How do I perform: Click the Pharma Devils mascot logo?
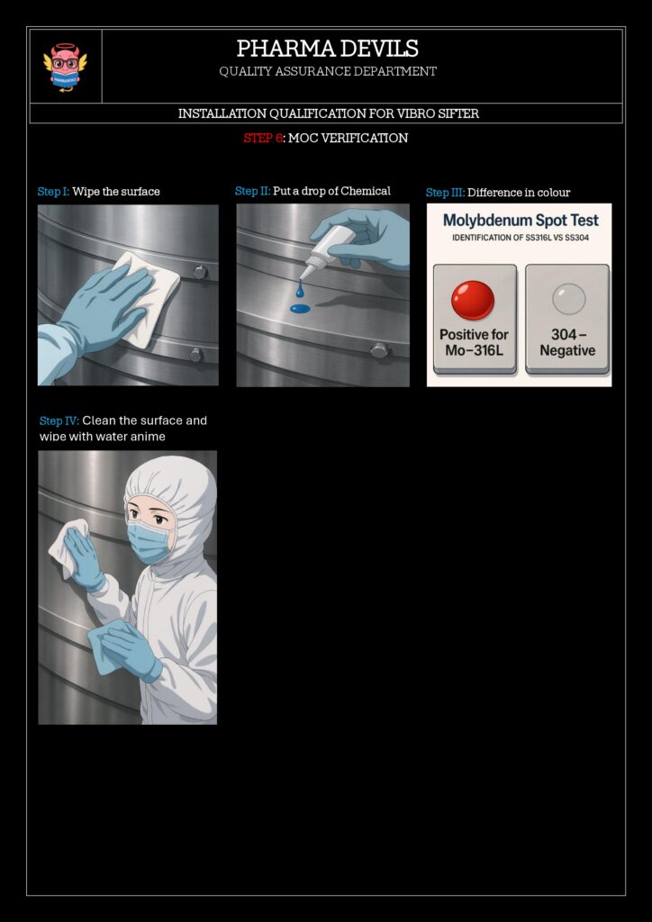pyautogui.click(x=65, y=67)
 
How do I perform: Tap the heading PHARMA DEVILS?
pyautogui.click(x=328, y=49)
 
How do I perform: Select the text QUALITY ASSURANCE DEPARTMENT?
pyautogui.click(x=328, y=72)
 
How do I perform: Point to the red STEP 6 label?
pyautogui.click(x=262, y=138)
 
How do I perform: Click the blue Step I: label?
pyautogui.click(x=53, y=192)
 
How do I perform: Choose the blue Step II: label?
pyautogui.click(x=253, y=191)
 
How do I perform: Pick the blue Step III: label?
pyautogui.click(x=445, y=193)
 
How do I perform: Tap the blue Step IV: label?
pyautogui.click(x=59, y=421)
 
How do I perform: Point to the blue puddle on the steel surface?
pyautogui.click(x=300, y=308)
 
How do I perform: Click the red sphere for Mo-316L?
pyautogui.click(x=473, y=301)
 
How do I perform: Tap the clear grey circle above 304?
pyautogui.click(x=568, y=299)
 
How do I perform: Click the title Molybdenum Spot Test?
pyautogui.click(x=521, y=221)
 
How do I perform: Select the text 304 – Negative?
pyautogui.click(x=567, y=343)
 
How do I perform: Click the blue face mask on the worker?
pyautogui.click(x=149, y=542)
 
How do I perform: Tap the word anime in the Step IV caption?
pyautogui.click(x=147, y=437)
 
